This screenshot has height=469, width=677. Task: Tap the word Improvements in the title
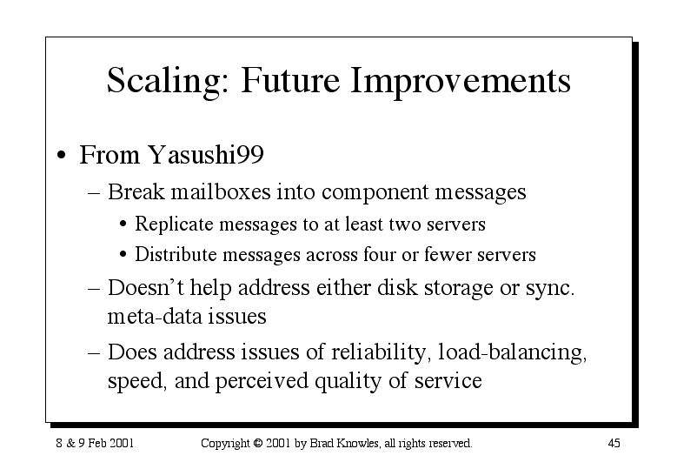click(x=461, y=82)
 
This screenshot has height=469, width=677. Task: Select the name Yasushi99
click(x=205, y=154)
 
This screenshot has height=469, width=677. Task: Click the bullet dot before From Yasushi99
click(x=62, y=155)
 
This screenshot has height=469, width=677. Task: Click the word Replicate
click(x=174, y=224)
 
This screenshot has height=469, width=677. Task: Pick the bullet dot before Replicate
click(x=123, y=224)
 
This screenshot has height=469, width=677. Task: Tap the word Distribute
click(x=176, y=254)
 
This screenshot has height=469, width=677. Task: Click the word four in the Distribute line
click(x=380, y=254)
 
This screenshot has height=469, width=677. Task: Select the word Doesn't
click(x=145, y=287)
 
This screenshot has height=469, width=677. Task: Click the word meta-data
click(x=154, y=317)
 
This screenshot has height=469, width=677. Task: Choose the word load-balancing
click(x=513, y=352)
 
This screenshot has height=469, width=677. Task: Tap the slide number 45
click(x=614, y=443)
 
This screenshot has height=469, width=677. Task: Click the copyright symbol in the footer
click(x=258, y=443)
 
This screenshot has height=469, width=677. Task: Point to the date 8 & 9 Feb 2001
click(x=95, y=443)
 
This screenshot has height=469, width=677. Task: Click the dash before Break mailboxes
click(x=94, y=192)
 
